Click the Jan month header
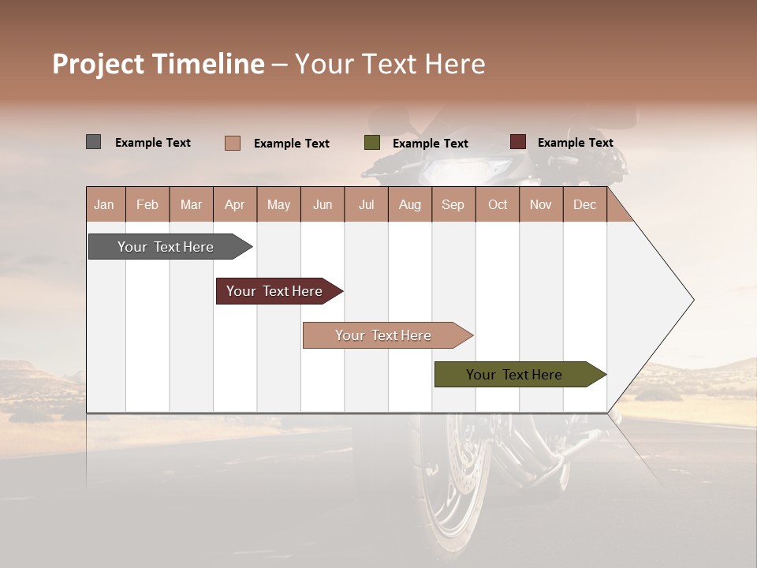pyautogui.click(x=104, y=204)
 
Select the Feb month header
pyautogui.click(x=147, y=204)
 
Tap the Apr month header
pyautogui.click(x=235, y=204)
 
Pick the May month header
pyautogui.click(x=278, y=204)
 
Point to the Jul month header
pyautogui.click(x=366, y=204)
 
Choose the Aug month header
pyautogui.click(x=410, y=204)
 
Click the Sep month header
pyautogui.click(x=453, y=204)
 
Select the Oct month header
pyautogui.click(x=498, y=204)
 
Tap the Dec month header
pyautogui.click(x=584, y=204)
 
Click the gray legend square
pyautogui.click(x=93, y=142)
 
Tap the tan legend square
pyautogui.click(x=232, y=143)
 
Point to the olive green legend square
pyautogui.click(x=372, y=143)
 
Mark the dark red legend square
pyautogui.click(x=517, y=142)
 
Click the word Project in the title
pyautogui.click(x=98, y=65)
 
